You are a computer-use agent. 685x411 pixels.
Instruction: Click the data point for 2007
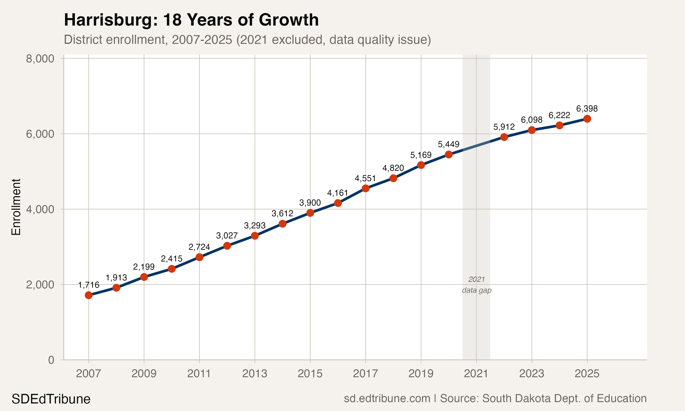tap(89, 295)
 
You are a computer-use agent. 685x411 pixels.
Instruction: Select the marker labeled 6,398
tap(587, 119)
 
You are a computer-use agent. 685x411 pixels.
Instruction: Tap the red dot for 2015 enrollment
tap(310, 213)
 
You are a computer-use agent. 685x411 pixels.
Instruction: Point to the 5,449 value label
tap(448, 144)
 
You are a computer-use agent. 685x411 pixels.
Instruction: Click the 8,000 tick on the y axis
tap(40, 59)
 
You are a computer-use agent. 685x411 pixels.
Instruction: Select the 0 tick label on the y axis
tap(51, 360)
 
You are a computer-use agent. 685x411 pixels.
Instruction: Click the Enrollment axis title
tap(16, 207)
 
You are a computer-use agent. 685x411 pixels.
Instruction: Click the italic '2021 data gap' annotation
tap(477, 285)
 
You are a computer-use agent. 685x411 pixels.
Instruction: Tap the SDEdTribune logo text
tap(51, 399)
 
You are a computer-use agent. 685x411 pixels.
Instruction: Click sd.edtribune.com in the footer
tap(387, 398)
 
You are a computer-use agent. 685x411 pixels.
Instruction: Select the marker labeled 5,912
tap(504, 137)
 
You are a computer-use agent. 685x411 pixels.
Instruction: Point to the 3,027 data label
tap(227, 236)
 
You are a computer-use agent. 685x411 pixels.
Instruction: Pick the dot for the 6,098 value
tap(532, 130)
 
